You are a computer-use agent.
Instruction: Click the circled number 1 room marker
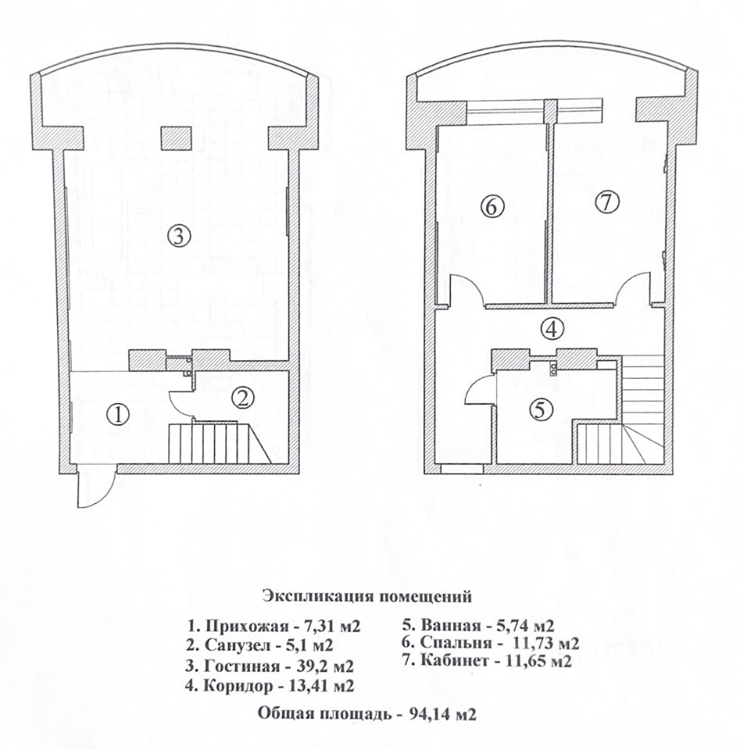[117, 414]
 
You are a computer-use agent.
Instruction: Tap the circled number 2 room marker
[243, 398]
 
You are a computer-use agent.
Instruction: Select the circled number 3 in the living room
[179, 236]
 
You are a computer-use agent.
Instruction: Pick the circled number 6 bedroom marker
[493, 207]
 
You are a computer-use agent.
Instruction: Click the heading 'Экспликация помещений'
[366, 597]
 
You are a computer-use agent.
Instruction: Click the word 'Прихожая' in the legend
[243, 626]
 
